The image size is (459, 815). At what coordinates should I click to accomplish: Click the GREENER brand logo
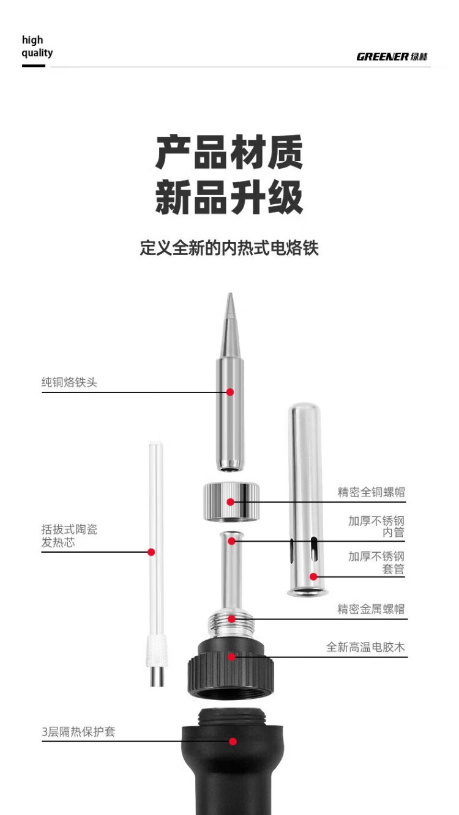coord(392,57)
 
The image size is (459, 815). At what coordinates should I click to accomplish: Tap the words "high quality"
coord(37,46)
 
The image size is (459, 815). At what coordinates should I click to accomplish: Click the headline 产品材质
coord(229,153)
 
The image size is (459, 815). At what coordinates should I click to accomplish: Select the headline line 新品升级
coord(229,197)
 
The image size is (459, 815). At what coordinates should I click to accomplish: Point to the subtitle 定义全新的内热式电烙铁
coord(229,248)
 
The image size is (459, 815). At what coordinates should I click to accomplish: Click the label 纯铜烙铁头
coord(69,383)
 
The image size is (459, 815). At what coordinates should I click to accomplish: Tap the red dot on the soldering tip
coord(230,392)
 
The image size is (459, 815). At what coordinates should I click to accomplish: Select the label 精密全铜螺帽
coord(371,492)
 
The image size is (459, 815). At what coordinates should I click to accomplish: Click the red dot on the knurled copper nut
coord(230,502)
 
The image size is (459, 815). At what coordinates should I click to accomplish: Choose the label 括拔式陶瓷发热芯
coord(69,536)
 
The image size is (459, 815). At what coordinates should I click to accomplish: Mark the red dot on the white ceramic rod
coord(151,552)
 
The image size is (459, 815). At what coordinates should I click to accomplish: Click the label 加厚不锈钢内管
coord(376,527)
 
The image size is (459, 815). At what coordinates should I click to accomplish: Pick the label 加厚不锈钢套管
coord(376,562)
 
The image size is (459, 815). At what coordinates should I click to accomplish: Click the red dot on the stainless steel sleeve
coord(313,576)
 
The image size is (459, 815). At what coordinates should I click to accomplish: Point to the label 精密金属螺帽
coord(371,609)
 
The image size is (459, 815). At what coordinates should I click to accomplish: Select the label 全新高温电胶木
coord(365,647)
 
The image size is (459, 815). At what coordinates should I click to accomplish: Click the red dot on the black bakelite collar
coord(231,657)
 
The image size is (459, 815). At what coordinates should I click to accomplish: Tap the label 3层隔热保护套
coord(78,731)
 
